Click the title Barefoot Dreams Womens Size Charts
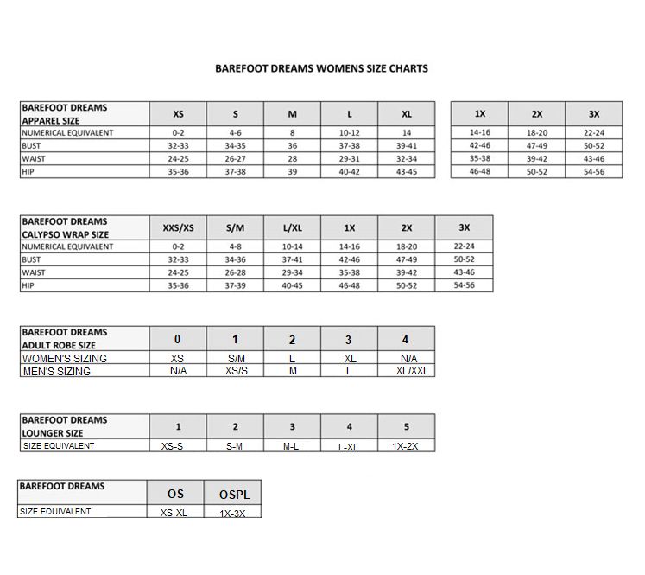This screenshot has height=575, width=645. (x=321, y=68)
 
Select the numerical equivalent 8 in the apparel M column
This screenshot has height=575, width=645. (x=292, y=133)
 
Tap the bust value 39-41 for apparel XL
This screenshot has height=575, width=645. (x=406, y=146)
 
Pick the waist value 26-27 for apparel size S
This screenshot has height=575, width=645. (x=235, y=159)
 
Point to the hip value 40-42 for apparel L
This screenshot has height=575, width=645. (x=349, y=172)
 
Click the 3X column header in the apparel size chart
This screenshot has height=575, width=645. (x=593, y=114)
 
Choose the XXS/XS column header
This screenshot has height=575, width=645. (x=178, y=228)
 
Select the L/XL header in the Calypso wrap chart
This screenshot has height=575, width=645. (x=292, y=228)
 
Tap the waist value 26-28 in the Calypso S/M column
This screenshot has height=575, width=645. (x=235, y=272)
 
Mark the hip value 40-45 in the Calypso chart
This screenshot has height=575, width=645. (x=292, y=285)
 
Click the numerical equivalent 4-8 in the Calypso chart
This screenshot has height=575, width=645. (x=235, y=246)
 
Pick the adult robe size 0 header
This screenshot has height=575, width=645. (x=178, y=340)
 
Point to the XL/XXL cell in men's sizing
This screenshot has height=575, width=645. (x=406, y=371)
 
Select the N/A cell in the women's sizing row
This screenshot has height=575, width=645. (x=406, y=358)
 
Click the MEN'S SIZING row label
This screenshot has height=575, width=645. (x=57, y=372)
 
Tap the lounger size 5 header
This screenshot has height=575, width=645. (x=406, y=427)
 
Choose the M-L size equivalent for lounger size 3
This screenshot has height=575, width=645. (x=292, y=446)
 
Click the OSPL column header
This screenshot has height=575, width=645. (x=233, y=494)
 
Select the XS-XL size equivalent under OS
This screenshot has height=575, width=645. (x=176, y=513)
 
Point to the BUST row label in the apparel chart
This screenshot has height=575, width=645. (x=32, y=146)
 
